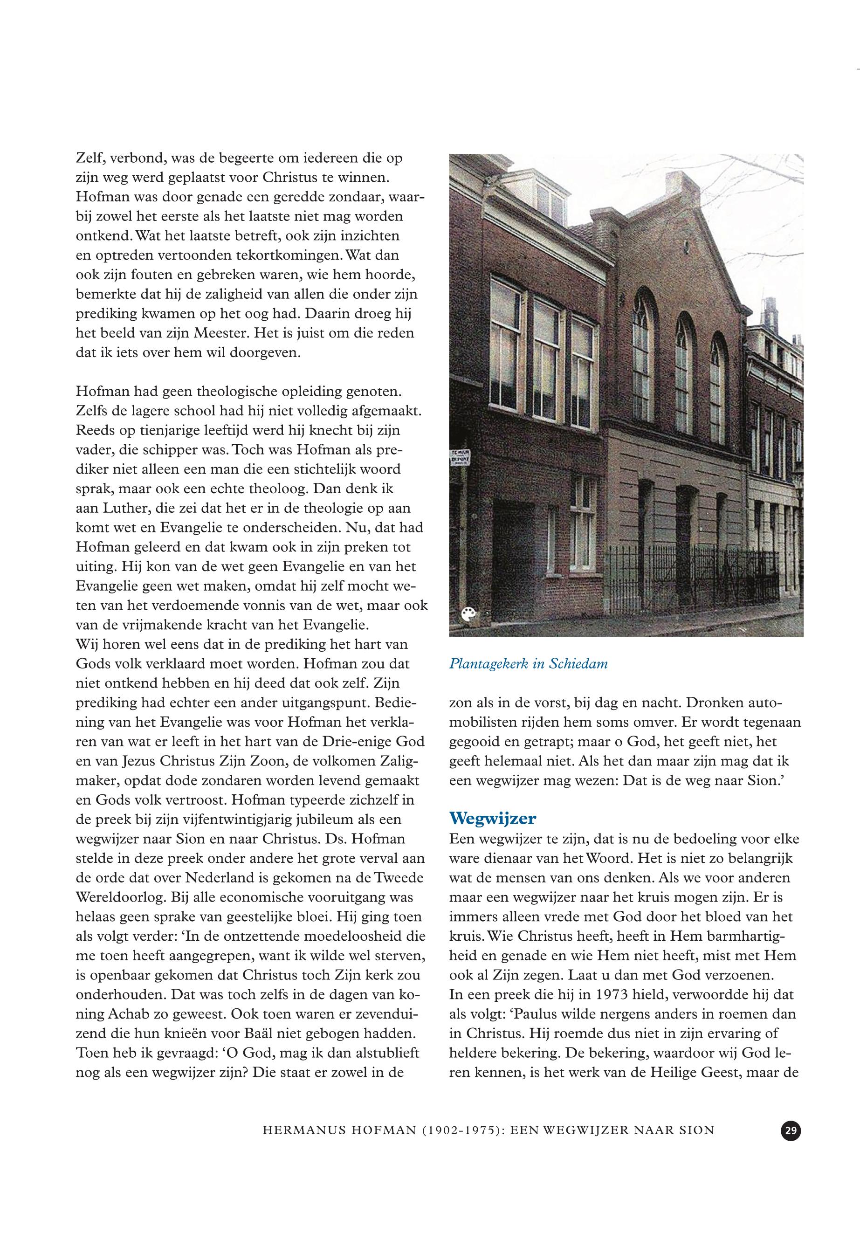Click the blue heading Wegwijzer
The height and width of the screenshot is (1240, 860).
click(x=493, y=819)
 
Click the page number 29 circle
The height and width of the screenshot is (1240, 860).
click(x=791, y=1130)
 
